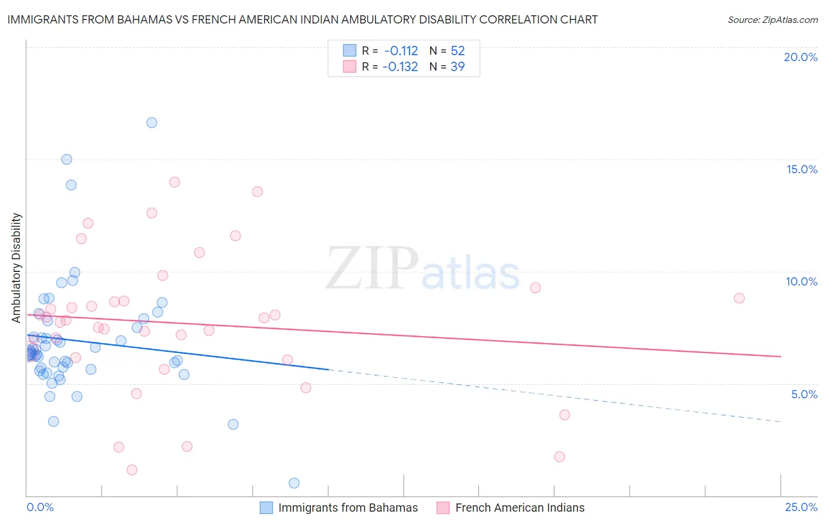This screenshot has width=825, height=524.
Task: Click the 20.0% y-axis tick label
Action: click(x=800, y=57)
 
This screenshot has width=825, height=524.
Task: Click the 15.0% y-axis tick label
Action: click(x=802, y=169)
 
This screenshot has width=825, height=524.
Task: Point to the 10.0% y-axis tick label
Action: click(x=802, y=281)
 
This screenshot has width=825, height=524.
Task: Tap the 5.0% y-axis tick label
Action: click(x=804, y=394)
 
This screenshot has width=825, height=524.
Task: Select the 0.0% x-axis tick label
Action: click(x=40, y=507)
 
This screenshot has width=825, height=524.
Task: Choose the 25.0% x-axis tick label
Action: click(x=801, y=507)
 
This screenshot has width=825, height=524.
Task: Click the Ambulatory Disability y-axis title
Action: click(x=16, y=268)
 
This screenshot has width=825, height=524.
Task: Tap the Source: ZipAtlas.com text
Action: click(x=772, y=20)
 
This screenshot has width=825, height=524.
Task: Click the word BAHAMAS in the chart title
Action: click(x=143, y=19)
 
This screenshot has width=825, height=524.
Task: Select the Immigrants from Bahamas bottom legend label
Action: click(x=348, y=508)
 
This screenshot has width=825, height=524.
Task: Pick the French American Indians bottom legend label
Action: click(x=520, y=508)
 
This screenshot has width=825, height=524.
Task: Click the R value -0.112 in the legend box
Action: click(x=401, y=51)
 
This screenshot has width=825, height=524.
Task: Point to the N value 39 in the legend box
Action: click(x=458, y=67)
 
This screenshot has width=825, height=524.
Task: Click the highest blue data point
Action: click(x=151, y=123)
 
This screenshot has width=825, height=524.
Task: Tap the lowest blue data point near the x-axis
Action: click(x=294, y=483)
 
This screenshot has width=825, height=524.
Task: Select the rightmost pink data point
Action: click(x=739, y=298)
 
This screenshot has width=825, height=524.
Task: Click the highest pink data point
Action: click(x=174, y=182)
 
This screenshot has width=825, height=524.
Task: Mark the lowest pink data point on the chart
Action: click(x=132, y=470)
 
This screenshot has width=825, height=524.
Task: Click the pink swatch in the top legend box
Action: click(x=350, y=66)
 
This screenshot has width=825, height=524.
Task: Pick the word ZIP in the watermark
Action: click(x=371, y=268)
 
